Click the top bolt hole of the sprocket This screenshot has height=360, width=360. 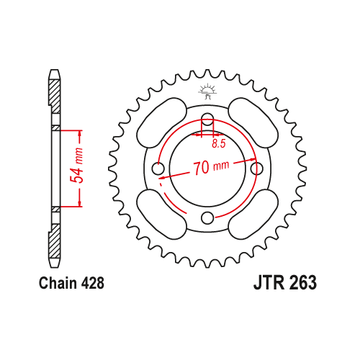pos(207,120)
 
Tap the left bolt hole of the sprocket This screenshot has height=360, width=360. pos(158,168)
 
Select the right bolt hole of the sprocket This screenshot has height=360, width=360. pos(256,168)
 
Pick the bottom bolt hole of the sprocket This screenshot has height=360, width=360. pos(207,217)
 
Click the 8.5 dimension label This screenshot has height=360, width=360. pos(219,143)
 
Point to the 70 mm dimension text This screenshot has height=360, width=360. pos(211,167)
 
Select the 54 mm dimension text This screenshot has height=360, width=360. pos(77,166)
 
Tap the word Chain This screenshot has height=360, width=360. pos(58,283)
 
